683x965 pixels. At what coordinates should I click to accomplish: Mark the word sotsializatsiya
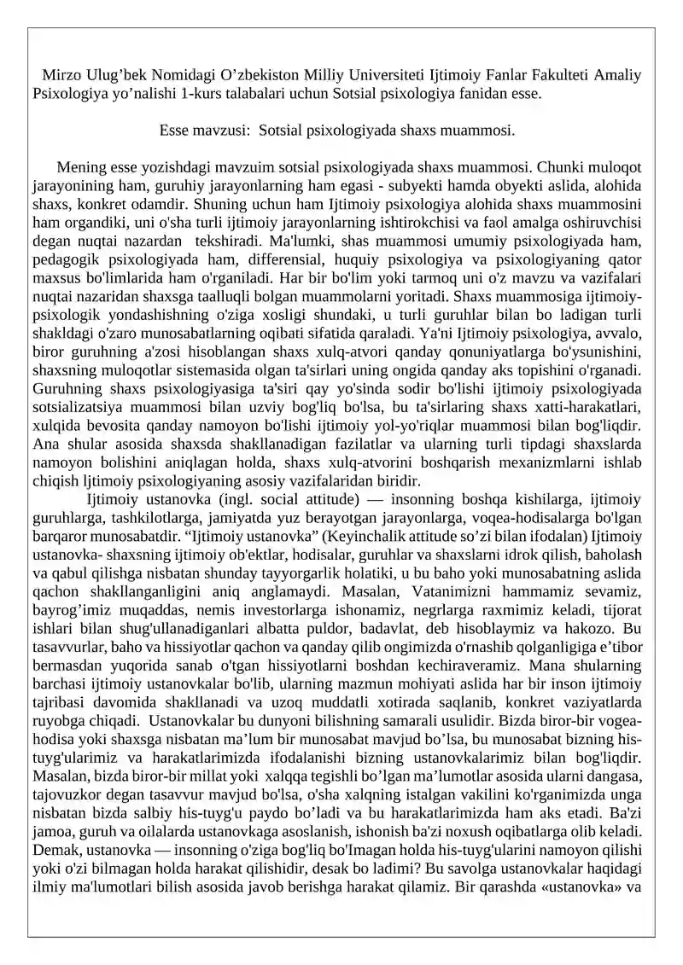coord(85,407)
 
